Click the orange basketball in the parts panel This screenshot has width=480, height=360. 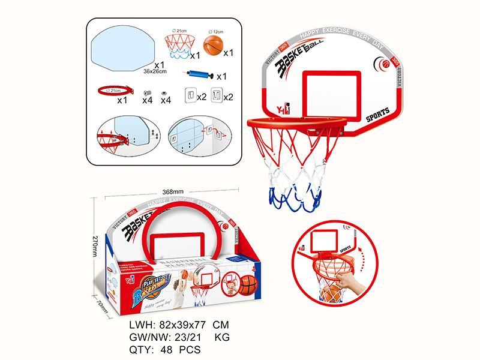(213, 46)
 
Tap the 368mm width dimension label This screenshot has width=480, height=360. (173, 191)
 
